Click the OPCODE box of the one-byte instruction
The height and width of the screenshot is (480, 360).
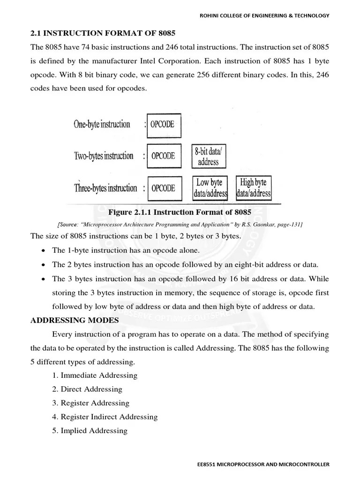tap(164, 125)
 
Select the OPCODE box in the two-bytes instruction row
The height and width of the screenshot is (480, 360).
tap(164, 156)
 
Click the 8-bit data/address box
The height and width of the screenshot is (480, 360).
tap(208, 157)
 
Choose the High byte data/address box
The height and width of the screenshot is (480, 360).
tap(254, 187)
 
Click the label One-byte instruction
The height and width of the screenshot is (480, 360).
tap(102, 125)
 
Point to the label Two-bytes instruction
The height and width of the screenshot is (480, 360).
tap(103, 156)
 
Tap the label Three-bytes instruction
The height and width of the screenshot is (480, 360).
tap(105, 188)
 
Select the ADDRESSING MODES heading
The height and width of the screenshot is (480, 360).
tap(75, 320)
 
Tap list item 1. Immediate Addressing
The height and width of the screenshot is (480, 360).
tap(95, 375)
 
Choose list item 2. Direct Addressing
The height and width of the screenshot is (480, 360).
tap(87, 389)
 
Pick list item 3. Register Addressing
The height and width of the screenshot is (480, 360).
tap(91, 403)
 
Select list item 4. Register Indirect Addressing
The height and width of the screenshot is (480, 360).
tap(105, 417)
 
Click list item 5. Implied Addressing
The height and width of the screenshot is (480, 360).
tap(90, 430)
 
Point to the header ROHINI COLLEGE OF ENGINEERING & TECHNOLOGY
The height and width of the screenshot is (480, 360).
tap(262, 15)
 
